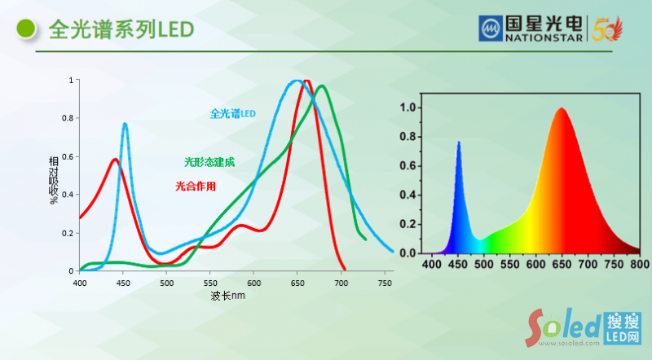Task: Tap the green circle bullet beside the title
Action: [27, 29]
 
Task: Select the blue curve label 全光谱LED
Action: [233, 113]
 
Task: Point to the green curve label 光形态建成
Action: [209, 162]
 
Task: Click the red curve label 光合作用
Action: [196, 186]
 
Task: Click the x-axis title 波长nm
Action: [227, 295]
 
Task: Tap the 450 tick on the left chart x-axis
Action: [123, 283]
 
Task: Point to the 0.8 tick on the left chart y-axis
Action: [69, 118]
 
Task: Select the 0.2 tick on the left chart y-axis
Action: [69, 233]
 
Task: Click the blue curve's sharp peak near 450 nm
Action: [125, 124]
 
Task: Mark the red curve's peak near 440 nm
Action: [115, 160]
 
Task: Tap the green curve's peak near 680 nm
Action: [322, 86]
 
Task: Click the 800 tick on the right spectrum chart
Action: [640, 265]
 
